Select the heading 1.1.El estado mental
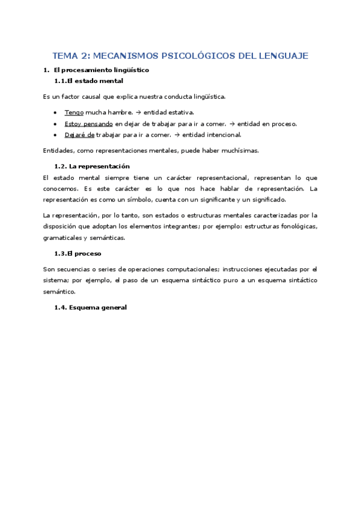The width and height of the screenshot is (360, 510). [x=88, y=81]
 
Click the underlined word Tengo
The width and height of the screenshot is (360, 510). [x=74, y=112]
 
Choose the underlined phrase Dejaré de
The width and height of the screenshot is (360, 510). [x=79, y=135]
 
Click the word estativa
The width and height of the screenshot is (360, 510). [x=180, y=112]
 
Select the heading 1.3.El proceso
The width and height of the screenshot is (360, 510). [x=78, y=254]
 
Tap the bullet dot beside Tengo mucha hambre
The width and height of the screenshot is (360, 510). [x=55, y=112]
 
